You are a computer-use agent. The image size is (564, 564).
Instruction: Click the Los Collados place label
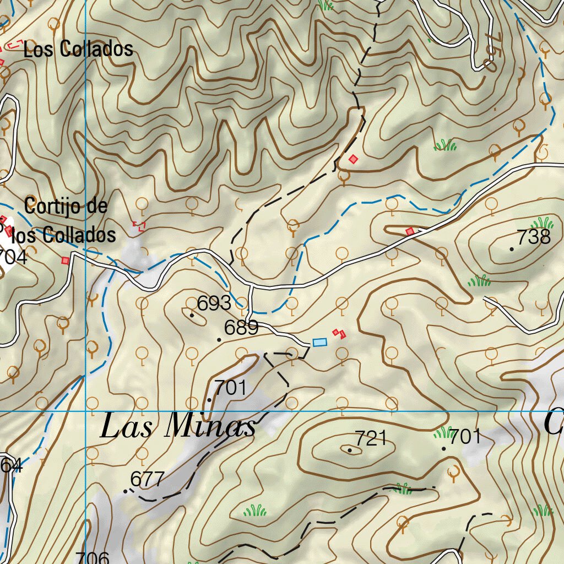point(78,49)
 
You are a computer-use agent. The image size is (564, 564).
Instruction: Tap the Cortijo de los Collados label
point(66,221)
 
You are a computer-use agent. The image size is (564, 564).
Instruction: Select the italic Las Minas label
point(178,427)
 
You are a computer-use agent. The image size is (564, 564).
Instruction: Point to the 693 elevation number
point(214,303)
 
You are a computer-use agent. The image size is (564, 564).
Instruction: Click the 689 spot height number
point(241,328)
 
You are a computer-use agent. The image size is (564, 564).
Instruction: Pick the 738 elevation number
point(534,237)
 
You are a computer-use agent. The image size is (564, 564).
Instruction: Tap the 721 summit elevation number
point(371,438)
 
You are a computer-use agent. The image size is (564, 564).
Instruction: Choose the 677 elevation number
point(148,479)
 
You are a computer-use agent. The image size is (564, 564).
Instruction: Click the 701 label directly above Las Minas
point(230,388)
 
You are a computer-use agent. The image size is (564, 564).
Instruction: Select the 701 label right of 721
point(465,437)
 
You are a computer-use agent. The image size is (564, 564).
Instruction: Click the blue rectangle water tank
point(319,343)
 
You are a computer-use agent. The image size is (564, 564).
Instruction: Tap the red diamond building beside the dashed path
point(354,159)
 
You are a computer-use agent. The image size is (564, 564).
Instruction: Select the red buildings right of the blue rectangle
point(339,333)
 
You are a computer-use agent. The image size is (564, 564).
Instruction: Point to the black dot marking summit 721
point(350,450)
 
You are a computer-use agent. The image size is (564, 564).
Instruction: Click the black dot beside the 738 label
point(512,249)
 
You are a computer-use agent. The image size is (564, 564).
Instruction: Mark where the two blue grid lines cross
point(86,411)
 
